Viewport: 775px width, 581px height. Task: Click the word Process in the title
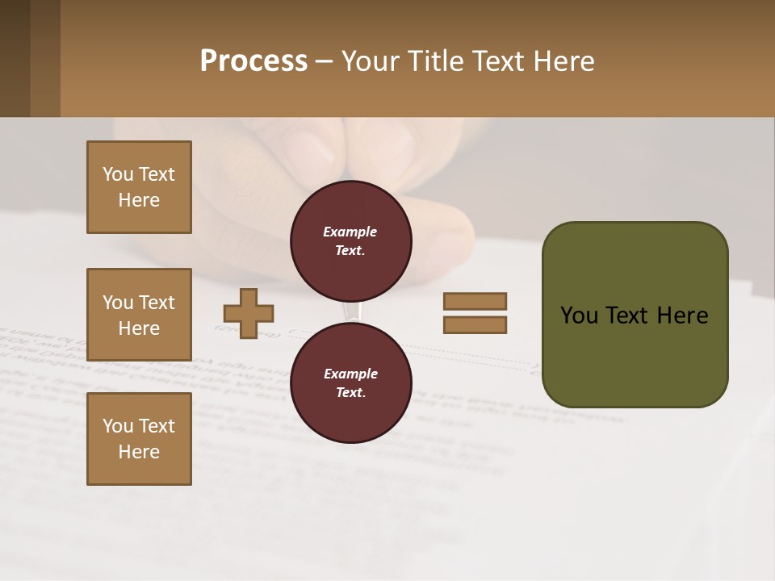tap(253, 61)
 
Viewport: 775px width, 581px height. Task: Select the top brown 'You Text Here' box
tap(139, 187)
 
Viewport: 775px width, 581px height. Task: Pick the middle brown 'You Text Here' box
tap(139, 315)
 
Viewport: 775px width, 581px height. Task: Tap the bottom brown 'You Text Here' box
tap(139, 439)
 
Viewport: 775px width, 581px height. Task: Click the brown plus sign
tap(249, 313)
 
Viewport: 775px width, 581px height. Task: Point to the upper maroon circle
tap(350, 241)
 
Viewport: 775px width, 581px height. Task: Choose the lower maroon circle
tap(350, 382)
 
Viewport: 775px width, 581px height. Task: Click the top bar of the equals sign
tap(475, 301)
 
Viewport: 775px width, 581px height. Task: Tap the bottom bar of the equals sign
tap(475, 325)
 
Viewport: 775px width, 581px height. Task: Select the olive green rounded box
tap(635, 315)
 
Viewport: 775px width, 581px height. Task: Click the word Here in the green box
tap(682, 316)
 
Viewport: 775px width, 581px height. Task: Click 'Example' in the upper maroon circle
tap(350, 232)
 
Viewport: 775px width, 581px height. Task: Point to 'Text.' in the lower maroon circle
tap(350, 393)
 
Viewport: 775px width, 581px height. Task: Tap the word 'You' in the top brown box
tap(118, 174)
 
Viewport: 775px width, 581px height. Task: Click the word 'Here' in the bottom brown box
tap(139, 452)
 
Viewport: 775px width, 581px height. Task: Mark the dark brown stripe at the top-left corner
tap(15, 58)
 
